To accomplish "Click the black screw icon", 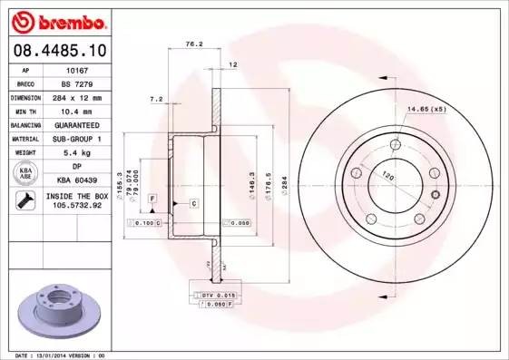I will point(22,201).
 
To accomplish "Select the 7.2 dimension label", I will point(156,99).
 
